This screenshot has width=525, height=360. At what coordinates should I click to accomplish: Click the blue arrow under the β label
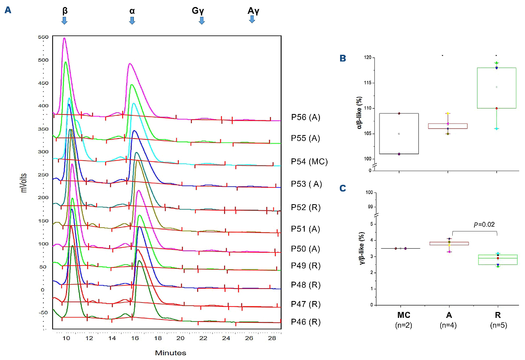coord(64,20)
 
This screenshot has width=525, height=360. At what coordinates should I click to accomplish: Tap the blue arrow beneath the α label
coord(132,20)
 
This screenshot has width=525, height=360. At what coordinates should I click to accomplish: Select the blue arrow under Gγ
coord(201,20)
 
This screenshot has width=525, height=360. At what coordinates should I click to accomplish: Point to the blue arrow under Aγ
coord(252,19)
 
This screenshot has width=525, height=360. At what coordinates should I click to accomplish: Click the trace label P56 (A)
coord(306,117)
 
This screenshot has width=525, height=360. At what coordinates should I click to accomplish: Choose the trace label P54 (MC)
coord(309,161)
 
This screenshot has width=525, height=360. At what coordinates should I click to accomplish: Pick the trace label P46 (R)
coord(306,322)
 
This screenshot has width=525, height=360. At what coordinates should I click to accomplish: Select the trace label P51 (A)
coord(305,229)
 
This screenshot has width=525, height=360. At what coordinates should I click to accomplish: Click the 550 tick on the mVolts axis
coord(43,37)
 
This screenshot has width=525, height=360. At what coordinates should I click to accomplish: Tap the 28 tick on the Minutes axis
coord(272,338)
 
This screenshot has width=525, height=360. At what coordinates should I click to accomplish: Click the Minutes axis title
coord(171,353)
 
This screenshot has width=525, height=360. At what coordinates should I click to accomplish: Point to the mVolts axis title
coord(24,183)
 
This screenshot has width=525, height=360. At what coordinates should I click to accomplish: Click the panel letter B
coord(343,58)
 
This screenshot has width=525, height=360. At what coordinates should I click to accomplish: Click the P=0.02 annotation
coord(484,224)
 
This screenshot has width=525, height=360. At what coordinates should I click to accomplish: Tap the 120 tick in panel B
coord(368,58)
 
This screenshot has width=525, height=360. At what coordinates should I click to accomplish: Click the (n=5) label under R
coord(498,325)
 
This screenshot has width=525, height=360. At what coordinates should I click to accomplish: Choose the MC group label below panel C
coord(404,315)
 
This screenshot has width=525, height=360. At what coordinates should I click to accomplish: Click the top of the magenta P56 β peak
coord(64,38)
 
